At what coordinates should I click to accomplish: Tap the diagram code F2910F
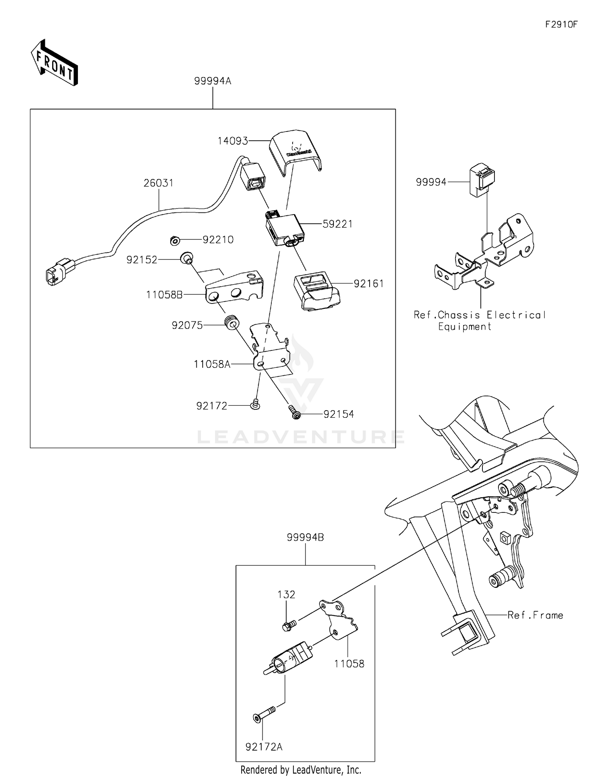coord(561,24)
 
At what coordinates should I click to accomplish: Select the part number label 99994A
coord(213,81)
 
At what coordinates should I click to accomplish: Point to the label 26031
coord(159,183)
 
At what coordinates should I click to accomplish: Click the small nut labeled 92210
coord(175,241)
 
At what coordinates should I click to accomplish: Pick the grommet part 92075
coord(232,323)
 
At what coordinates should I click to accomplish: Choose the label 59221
coord(338,224)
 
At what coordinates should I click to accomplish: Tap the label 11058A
coord(212,364)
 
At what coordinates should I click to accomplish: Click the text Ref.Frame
coord(535,615)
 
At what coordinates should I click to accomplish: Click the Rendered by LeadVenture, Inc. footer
coord(301,770)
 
